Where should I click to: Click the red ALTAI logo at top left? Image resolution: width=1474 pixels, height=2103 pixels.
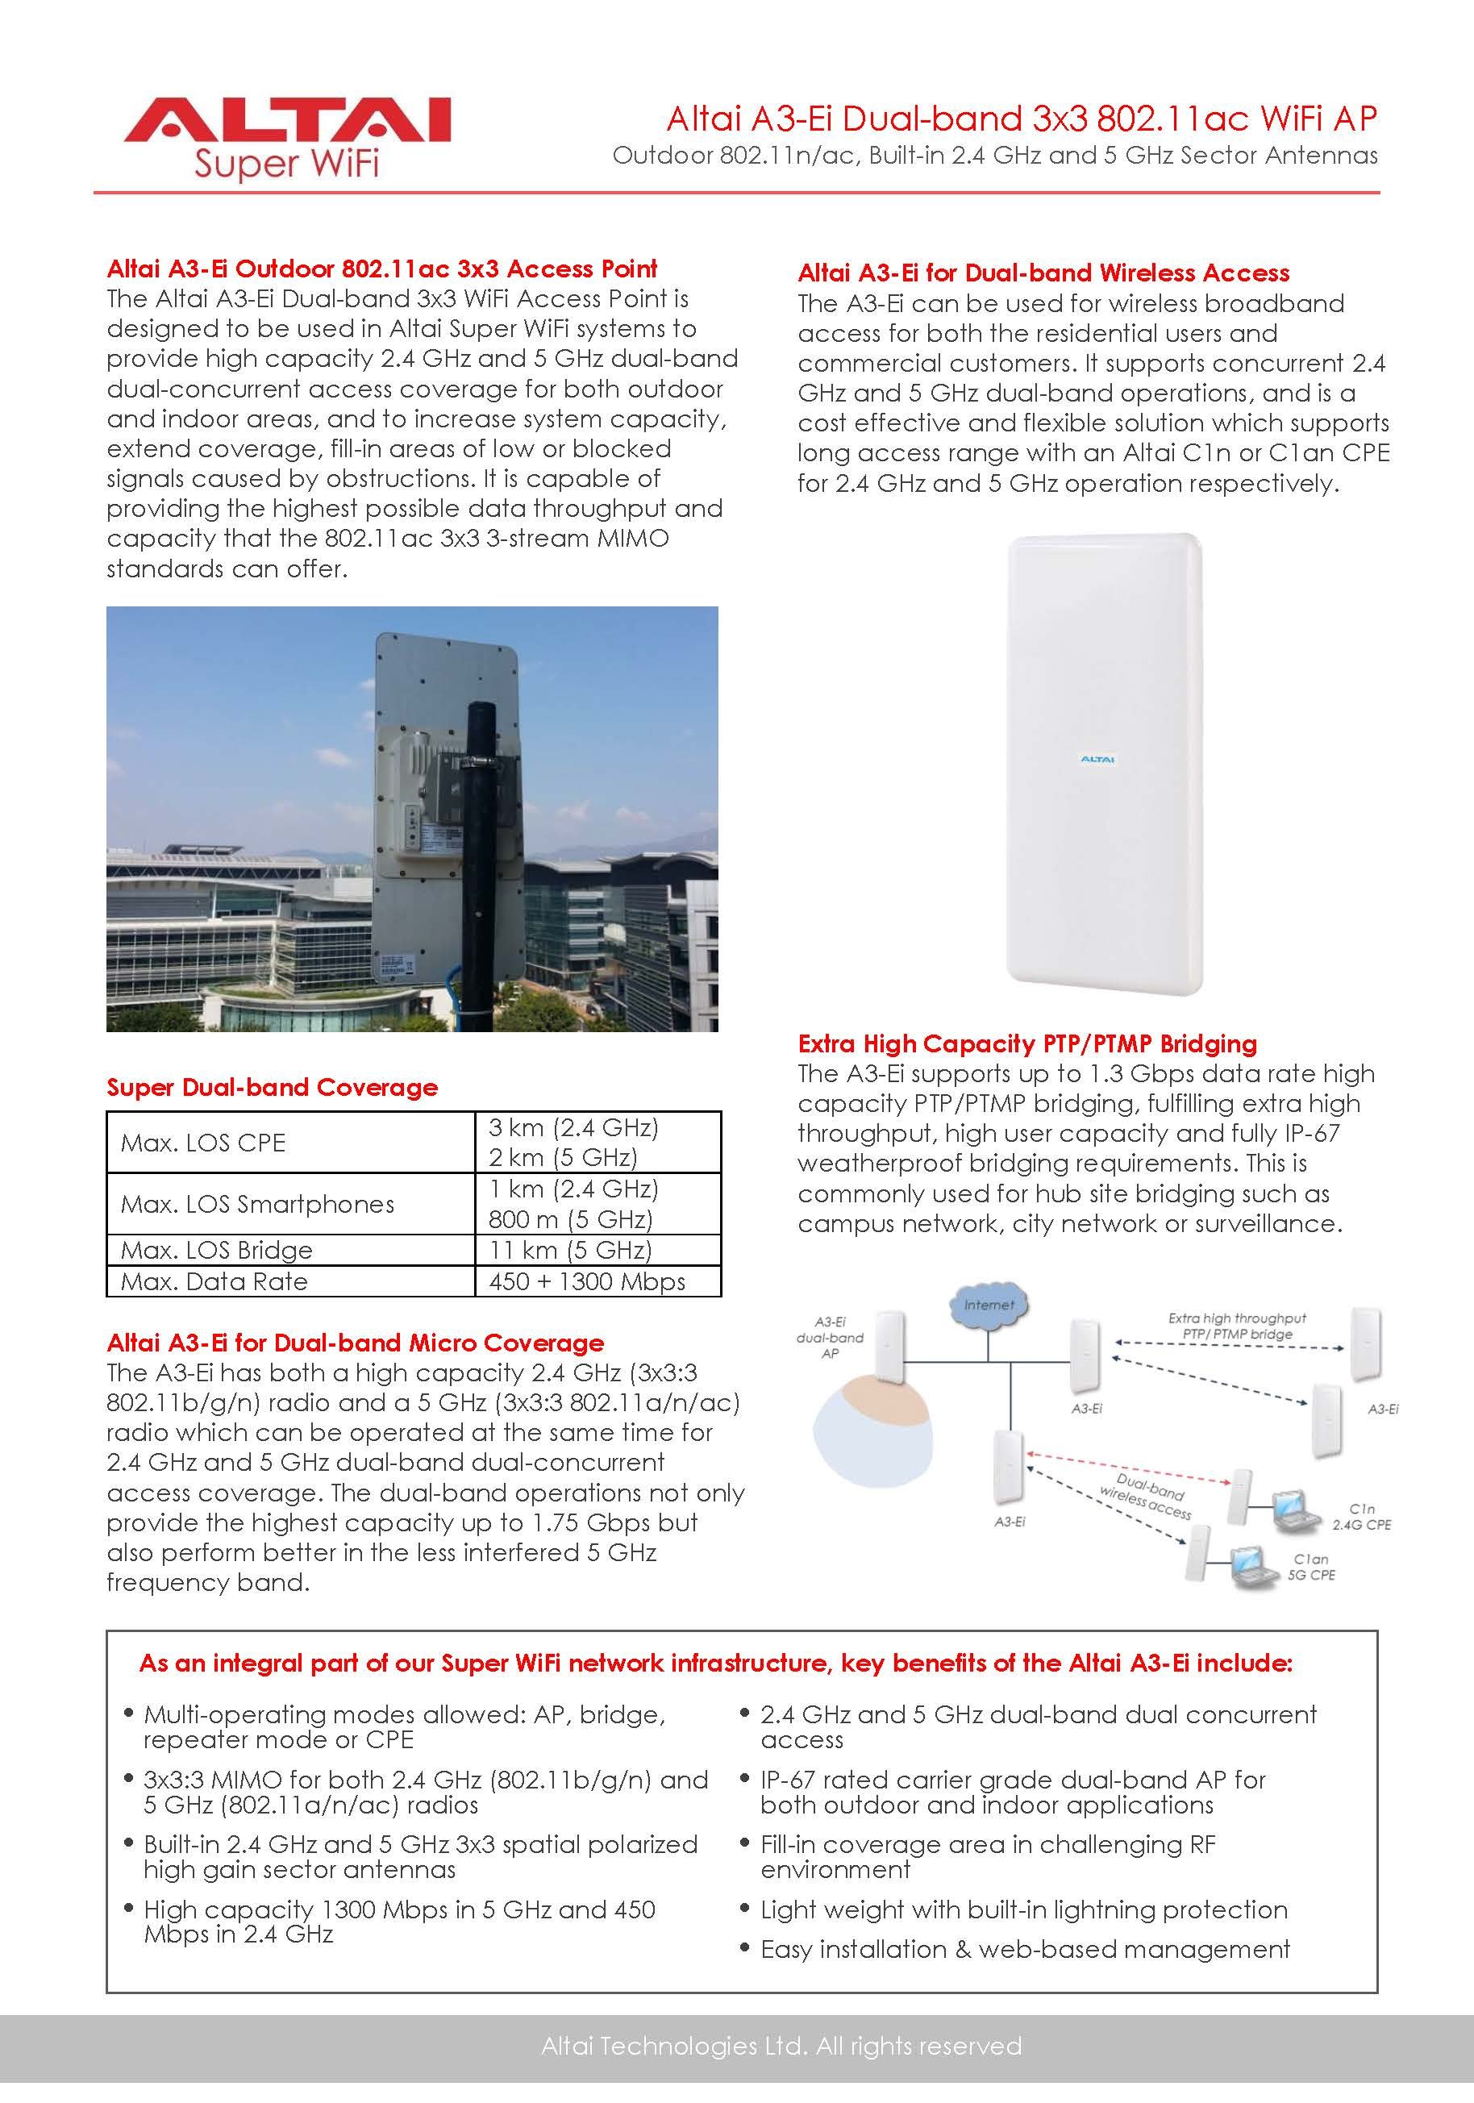click(x=287, y=122)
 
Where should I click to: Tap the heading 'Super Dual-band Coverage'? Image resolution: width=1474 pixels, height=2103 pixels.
click(x=272, y=1087)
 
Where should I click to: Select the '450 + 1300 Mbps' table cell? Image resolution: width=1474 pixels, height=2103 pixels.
click(x=587, y=1281)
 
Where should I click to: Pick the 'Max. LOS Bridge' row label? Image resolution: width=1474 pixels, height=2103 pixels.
click(x=216, y=1250)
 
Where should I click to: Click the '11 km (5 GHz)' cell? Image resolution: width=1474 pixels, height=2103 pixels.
click(x=570, y=1250)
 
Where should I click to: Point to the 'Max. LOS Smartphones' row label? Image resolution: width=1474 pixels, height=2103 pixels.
click(x=257, y=1204)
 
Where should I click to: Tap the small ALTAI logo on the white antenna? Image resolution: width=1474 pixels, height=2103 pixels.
click(x=1097, y=760)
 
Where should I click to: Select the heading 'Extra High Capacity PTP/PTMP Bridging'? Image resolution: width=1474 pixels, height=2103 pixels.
click(x=1027, y=1043)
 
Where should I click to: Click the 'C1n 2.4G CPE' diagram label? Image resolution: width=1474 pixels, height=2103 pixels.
click(x=1361, y=1517)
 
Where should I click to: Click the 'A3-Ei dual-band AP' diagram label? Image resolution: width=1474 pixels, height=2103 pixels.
click(x=830, y=1337)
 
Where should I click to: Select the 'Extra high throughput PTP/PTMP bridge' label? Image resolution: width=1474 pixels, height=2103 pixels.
click(x=1237, y=1326)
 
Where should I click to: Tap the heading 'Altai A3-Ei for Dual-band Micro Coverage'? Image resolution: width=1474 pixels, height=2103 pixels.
click(x=356, y=1343)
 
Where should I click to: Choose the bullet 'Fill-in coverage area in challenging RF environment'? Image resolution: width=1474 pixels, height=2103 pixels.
click(x=988, y=1856)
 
